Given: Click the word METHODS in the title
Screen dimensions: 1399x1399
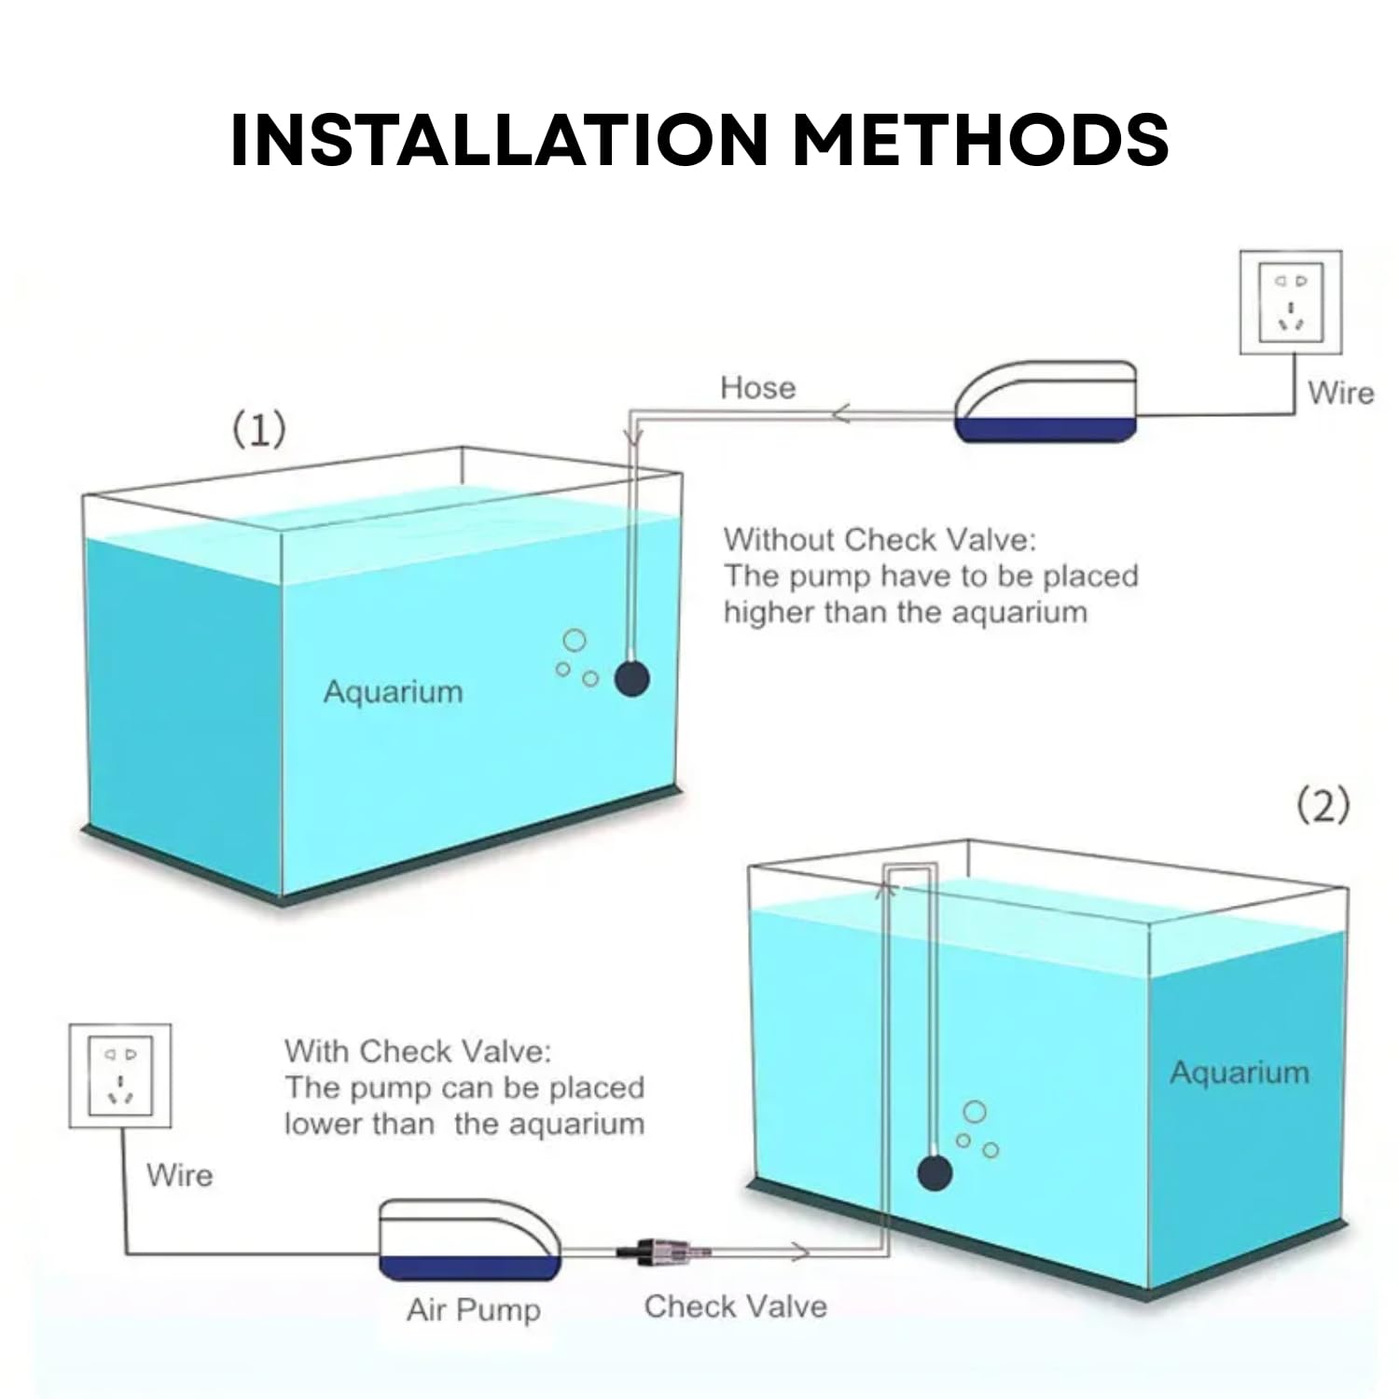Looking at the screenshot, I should pos(980,140).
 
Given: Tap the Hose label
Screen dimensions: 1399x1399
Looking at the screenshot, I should pos(757,387).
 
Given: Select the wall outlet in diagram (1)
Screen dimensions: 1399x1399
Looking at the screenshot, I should pos(1290,302).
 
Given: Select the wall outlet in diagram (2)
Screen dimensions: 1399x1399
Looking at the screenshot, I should pos(120,1076).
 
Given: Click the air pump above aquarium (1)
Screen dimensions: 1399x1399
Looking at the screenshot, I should pos(1046,403).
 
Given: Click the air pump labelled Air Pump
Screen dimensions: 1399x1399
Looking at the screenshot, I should pos(469,1240).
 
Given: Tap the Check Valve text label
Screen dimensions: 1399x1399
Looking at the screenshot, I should pos(735,1306).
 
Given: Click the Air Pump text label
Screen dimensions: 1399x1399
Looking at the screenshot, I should pos(473,1309).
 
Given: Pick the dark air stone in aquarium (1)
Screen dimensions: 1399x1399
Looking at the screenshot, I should pos(631,678).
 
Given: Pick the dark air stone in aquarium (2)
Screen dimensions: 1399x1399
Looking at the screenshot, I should pos(935,1172).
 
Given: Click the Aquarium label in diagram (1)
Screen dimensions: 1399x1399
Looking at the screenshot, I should pos(393,692).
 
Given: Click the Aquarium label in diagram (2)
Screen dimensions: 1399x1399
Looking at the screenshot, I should pos(1239,1073).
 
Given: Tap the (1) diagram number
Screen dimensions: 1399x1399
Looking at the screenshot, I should pos(258,430).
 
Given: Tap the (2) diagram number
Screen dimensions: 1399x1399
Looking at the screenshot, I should pos(1323,805).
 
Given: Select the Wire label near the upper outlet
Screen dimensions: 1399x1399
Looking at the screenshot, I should pos(1340,393).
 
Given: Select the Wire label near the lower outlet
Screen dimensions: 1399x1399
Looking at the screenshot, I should pos(179,1175).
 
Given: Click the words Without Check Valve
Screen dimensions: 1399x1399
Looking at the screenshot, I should pos(879,539).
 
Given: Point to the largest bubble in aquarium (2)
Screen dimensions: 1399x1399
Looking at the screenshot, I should pos(975,1112).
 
